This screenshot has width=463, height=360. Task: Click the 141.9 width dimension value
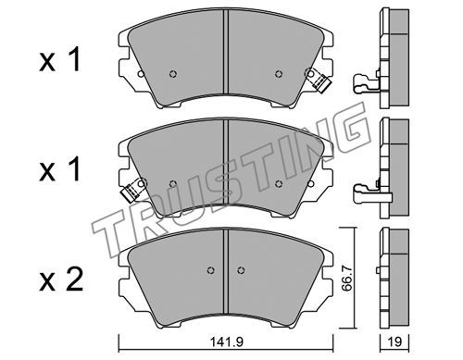pyautogui.click(x=227, y=341)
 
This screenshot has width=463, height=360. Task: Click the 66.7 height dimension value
pyautogui.click(x=348, y=278)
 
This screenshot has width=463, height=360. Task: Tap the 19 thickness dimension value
pyautogui.click(x=394, y=341)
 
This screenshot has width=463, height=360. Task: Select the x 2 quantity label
pyautogui.click(x=61, y=279)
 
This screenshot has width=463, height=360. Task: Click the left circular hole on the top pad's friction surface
pyautogui.click(x=173, y=74)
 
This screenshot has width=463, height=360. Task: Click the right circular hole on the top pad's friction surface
pyautogui.click(x=279, y=74)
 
